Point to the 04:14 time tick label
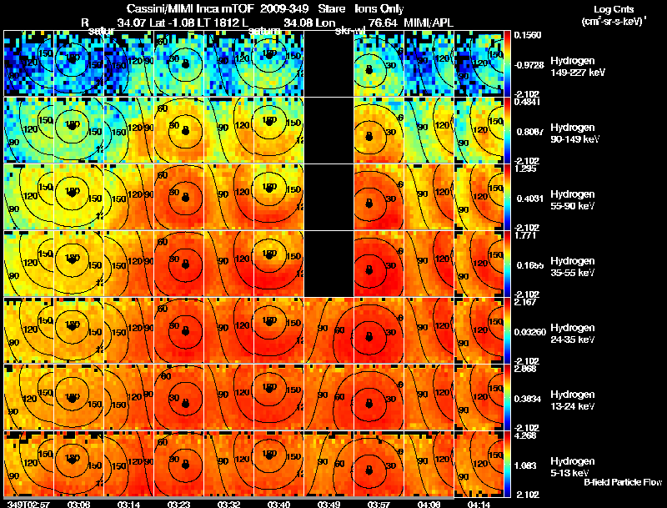[x=479, y=503]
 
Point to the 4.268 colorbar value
[x=524, y=435]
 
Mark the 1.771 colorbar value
[x=524, y=235]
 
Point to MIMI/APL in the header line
[x=429, y=22]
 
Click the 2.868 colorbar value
[x=524, y=368]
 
